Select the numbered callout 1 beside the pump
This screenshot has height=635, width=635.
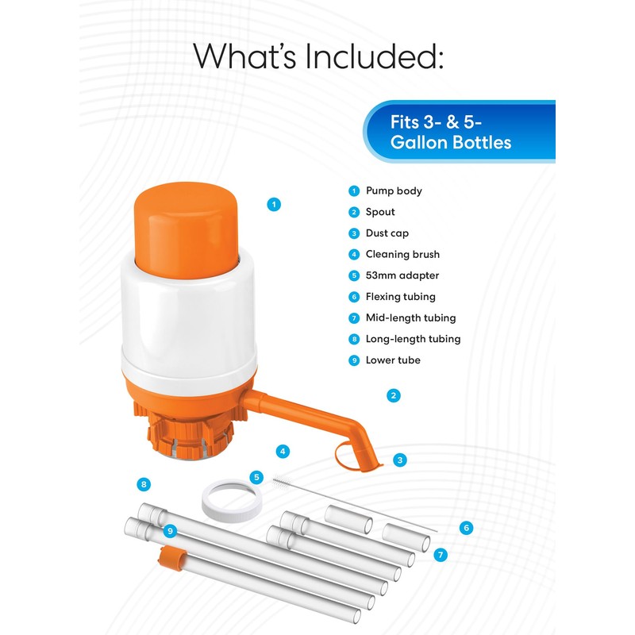coord(274,204)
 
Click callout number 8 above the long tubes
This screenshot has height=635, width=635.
coord(144,483)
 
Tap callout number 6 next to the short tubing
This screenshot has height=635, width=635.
coord(466,527)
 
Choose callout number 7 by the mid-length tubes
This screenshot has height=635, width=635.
coord(441,554)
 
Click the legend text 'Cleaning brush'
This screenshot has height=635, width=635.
coord(402,254)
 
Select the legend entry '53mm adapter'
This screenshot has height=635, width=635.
coord(402,275)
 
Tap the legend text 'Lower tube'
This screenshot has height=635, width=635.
coord(393,360)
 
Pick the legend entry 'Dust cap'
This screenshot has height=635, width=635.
coord(387,233)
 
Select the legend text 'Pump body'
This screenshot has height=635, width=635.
coord(394,190)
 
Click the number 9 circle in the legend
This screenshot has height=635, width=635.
coord(354,360)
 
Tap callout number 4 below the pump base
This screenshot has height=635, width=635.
coord(282,451)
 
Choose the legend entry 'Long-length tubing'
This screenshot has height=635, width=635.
coord(413,339)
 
